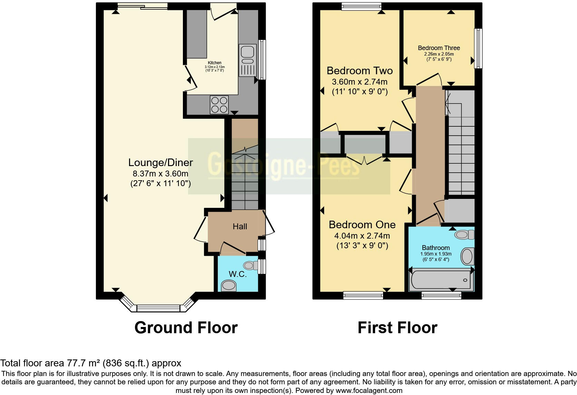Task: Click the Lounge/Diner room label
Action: (160, 162)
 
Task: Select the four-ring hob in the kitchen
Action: (219, 104)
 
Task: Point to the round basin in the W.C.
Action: (228, 286)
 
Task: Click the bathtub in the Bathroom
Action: (441, 280)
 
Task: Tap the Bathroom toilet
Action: (464, 235)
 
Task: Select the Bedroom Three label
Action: (439, 48)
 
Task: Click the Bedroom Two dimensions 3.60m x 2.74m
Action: (360, 82)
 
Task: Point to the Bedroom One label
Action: (362, 224)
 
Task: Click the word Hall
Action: (240, 227)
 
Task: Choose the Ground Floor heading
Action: (186, 327)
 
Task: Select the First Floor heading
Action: (397, 327)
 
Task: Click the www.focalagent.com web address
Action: (369, 391)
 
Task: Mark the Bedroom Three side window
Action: (478, 48)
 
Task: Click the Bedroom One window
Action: (363, 295)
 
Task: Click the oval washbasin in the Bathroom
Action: (467, 257)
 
